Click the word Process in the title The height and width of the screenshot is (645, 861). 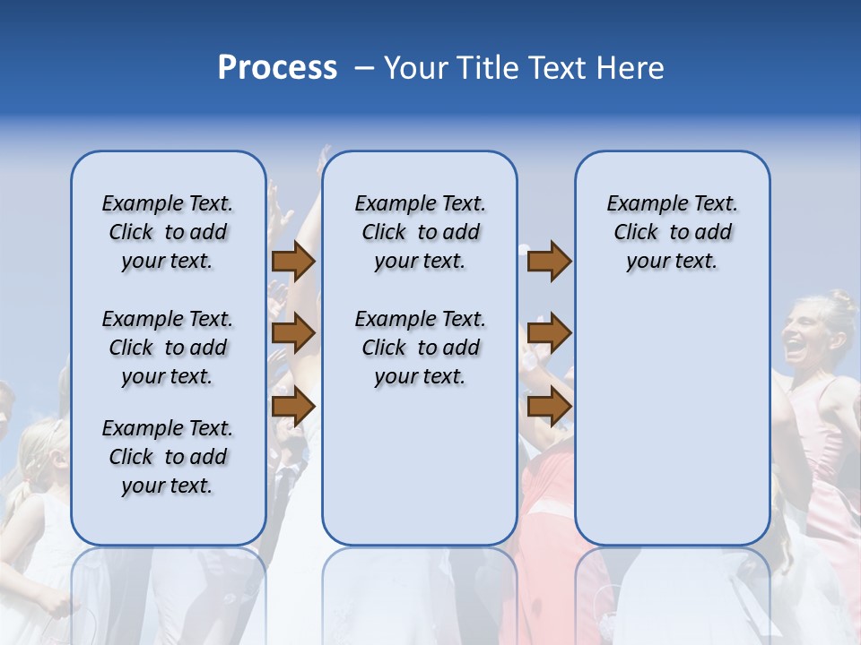[277, 68]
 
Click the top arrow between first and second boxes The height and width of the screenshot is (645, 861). [293, 262]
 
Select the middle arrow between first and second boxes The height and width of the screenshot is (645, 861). [293, 334]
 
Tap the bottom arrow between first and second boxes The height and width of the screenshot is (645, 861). [293, 407]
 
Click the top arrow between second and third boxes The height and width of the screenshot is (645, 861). [549, 262]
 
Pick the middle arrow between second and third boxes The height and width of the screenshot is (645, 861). [549, 334]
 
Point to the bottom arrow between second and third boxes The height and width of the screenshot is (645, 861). [549, 407]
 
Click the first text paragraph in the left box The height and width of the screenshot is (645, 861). [168, 232]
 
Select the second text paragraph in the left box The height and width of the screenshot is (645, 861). [168, 348]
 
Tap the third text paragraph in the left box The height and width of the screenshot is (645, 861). [168, 457]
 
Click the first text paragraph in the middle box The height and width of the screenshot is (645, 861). [420, 232]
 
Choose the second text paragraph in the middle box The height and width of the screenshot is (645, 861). [420, 348]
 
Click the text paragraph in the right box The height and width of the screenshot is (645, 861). [672, 232]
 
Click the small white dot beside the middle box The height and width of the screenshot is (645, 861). [524, 249]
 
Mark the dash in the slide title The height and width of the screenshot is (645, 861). [364, 69]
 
